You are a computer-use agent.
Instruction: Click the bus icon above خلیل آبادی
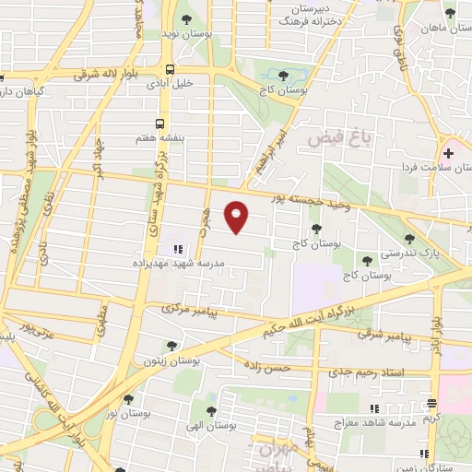coord(170,69)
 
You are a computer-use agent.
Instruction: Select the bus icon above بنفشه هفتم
coord(160,123)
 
